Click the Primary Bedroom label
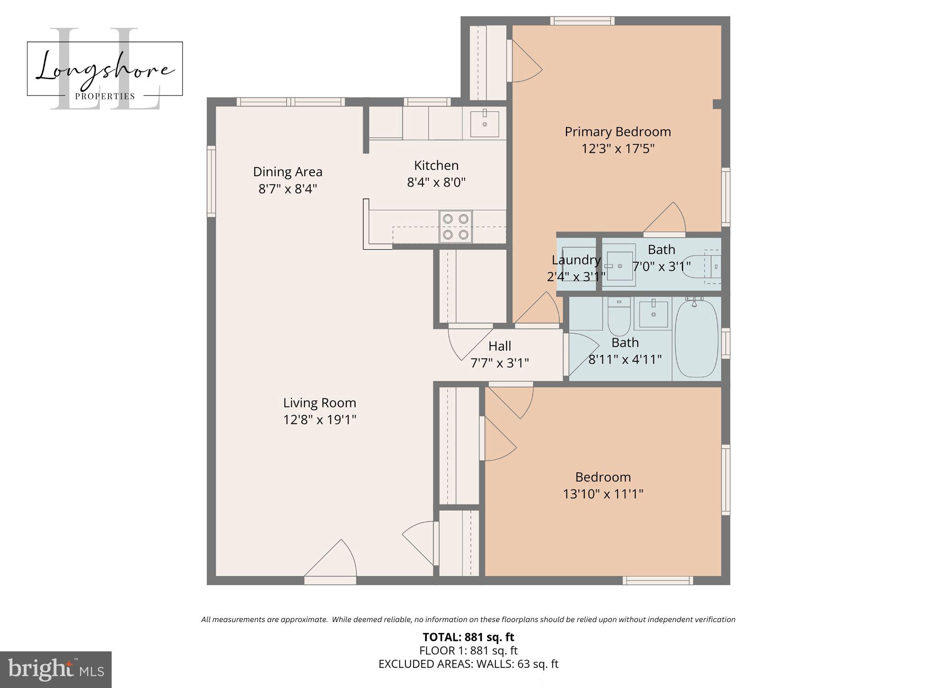coord(617,132)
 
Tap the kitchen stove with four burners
coord(456,227)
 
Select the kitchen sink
coord(485,124)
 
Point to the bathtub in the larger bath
coord(696,338)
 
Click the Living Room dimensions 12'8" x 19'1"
coord(319,420)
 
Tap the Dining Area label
coord(287,172)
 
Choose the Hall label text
coord(500,346)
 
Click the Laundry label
coord(576,260)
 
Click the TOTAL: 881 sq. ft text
coord(468,637)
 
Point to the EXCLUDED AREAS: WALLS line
coord(468,664)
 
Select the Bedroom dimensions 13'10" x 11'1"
coord(603,494)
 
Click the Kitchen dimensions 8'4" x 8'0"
coord(436,183)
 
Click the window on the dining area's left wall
coord(211,181)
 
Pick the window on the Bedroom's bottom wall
coord(658,580)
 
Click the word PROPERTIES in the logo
coord(105,96)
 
